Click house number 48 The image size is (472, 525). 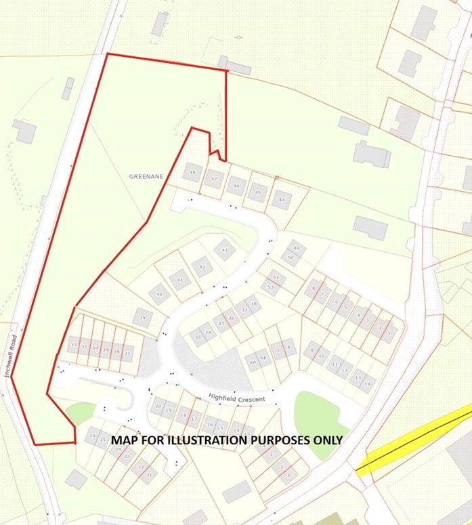pyautogui.click(x=194, y=173)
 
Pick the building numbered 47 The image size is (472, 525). pyautogui.click(x=215, y=180)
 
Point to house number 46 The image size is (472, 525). pyautogui.click(x=236, y=186)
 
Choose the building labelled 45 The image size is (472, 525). pyautogui.click(x=257, y=192)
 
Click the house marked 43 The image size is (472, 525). pyautogui.click(x=225, y=251)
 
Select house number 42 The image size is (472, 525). pyautogui.click(x=202, y=268)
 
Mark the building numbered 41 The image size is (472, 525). pyautogui.click(x=179, y=280)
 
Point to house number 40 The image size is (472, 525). pyautogui.click(x=160, y=295)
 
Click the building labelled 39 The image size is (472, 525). pyautogui.click(x=142, y=318)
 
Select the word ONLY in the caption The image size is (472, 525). pyautogui.click(x=325, y=440)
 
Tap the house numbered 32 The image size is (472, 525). pyautogui.click(x=73, y=345)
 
